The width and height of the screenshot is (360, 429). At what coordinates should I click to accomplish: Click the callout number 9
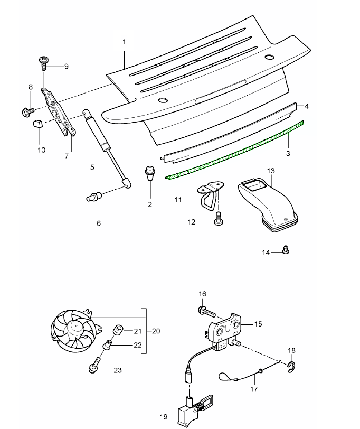(x=67, y=66)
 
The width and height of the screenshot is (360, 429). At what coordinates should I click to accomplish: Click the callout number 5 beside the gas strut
(x=92, y=167)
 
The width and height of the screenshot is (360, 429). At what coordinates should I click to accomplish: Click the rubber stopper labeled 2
(x=150, y=173)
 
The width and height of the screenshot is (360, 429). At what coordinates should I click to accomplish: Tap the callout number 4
(x=306, y=106)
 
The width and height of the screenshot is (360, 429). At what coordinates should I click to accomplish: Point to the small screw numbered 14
(x=286, y=249)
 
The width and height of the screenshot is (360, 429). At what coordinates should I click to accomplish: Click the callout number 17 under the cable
(x=254, y=389)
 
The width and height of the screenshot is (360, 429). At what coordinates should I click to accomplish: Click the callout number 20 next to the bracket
(x=155, y=331)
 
